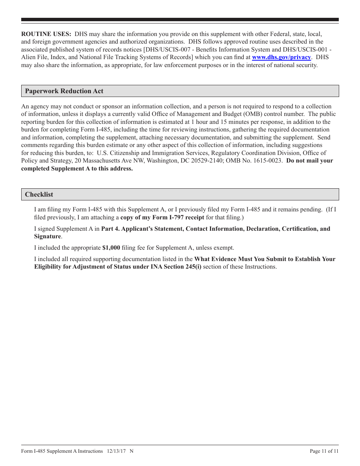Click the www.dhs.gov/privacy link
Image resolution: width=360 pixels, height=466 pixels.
point(281,57)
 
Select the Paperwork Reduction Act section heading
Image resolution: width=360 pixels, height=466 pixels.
point(64,91)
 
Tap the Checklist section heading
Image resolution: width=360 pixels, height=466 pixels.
point(39,195)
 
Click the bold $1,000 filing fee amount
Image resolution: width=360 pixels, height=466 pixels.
point(111,248)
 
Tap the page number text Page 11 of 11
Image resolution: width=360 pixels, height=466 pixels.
point(324,451)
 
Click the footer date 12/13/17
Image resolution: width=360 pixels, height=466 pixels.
point(116,451)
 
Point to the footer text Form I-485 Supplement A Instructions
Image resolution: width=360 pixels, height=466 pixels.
point(62,451)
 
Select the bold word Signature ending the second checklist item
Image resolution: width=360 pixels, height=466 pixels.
point(47,236)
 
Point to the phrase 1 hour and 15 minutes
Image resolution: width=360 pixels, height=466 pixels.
point(221,122)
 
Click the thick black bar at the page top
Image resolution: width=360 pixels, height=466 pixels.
point(180,19)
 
